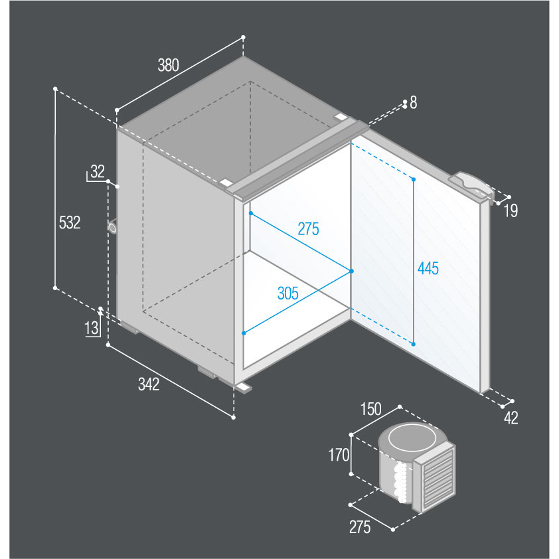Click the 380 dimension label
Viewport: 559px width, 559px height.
[x=168, y=65]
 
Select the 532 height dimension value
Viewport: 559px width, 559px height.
[x=70, y=222]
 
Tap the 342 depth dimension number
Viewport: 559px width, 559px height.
[x=149, y=384]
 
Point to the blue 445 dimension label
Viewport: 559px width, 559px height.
[x=428, y=268]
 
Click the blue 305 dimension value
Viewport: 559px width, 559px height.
[x=287, y=293]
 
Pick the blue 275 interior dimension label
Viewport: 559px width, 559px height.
[x=308, y=229]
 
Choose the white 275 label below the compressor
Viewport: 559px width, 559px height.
[x=360, y=527]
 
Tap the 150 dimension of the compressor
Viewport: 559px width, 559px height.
[x=370, y=409]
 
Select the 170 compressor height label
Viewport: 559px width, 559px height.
[x=339, y=455]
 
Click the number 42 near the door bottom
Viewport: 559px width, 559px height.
[x=511, y=418]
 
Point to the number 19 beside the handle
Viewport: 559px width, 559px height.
[x=511, y=210]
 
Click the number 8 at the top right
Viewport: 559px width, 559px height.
[x=413, y=103]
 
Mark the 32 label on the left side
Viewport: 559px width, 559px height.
[x=98, y=171]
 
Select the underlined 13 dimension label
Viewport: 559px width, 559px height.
[x=92, y=328]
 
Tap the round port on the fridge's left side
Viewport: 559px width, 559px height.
[x=113, y=228]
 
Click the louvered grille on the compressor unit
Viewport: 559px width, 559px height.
[x=438, y=477]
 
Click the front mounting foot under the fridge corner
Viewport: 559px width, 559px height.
[x=243, y=388]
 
